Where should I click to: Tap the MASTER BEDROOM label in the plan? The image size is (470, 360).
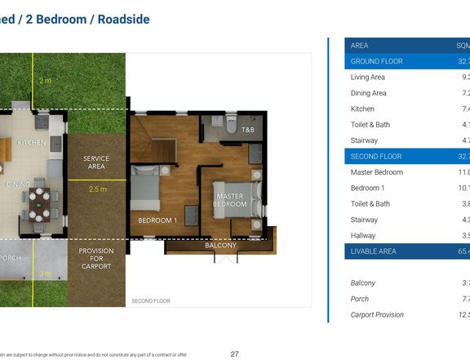click(x=230, y=200)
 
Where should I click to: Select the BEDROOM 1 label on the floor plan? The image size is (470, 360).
click(x=157, y=220)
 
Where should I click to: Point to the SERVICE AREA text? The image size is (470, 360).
click(x=96, y=162)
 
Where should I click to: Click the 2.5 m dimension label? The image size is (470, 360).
click(x=98, y=189)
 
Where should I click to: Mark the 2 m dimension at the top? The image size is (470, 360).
click(x=45, y=81)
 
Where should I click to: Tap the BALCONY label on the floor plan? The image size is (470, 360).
click(x=220, y=245)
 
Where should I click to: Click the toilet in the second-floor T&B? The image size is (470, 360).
click(x=232, y=126)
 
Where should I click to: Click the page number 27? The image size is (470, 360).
click(x=235, y=353)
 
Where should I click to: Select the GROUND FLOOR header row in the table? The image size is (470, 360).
click(x=375, y=61)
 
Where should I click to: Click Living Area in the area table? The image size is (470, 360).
click(x=368, y=78)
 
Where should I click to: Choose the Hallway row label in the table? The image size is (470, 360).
click(x=364, y=236)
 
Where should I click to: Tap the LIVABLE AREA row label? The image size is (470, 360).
click(x=373, y=251)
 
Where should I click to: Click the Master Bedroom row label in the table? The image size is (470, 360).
click(x=376, y=172)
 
